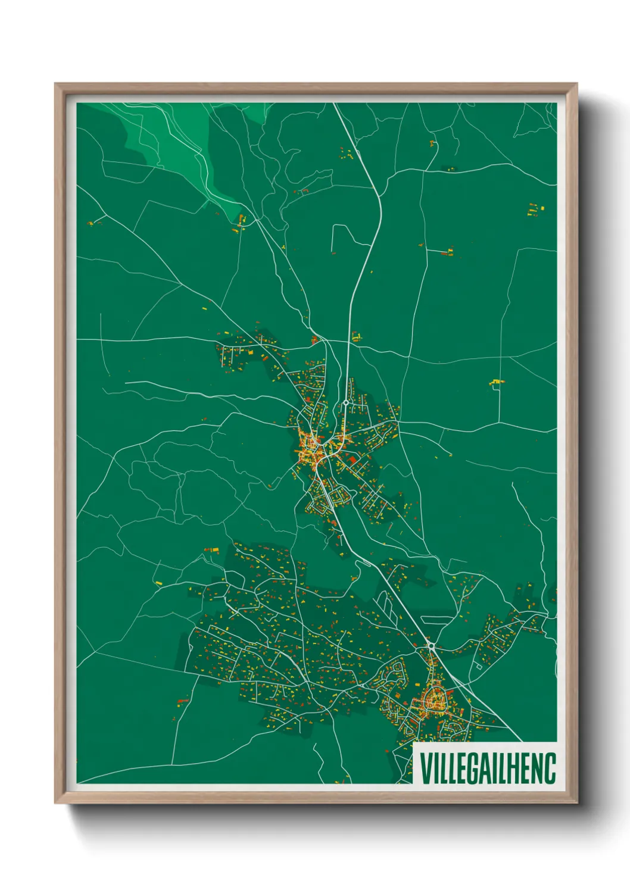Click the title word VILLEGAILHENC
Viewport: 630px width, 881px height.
click(488, 768)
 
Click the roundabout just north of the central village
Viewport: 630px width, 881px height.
click(345, 403)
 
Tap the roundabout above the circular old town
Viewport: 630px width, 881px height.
click(431, 645)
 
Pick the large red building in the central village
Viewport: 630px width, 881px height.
click(351, 460)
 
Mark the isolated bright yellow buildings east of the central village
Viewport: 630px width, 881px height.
click(496, 382)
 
